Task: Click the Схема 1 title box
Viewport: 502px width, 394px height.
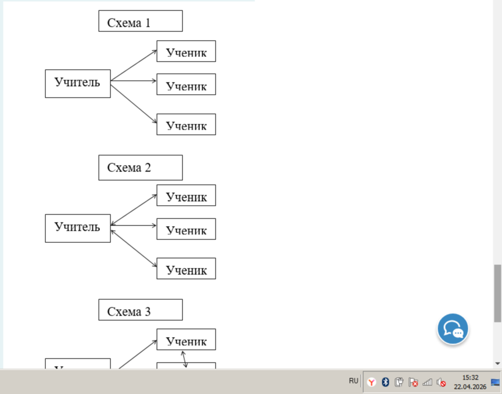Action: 141,21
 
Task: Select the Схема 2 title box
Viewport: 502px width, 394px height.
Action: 141,167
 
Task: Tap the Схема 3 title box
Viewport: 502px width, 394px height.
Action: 141,310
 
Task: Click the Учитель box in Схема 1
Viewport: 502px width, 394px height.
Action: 78,83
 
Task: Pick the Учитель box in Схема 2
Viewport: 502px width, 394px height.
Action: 78,228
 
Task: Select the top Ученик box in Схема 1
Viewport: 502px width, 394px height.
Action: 186,51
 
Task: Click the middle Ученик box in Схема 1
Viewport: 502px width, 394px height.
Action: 186,84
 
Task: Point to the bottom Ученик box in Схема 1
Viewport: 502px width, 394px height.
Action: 186,124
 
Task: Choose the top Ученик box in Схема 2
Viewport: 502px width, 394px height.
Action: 186,195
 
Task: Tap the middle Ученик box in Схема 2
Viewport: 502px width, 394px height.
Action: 186,229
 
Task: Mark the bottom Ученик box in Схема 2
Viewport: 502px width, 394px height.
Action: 186,268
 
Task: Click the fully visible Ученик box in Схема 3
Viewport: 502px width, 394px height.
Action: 186,339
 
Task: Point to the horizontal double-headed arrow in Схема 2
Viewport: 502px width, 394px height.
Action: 134,225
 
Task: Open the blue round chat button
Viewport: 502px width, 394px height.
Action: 453,329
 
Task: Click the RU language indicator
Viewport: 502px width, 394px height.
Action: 354,381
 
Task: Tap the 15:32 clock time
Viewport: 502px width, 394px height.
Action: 470,378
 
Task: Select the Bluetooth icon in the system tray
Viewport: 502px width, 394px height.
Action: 385,382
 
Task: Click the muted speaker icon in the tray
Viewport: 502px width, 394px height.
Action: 442,382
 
